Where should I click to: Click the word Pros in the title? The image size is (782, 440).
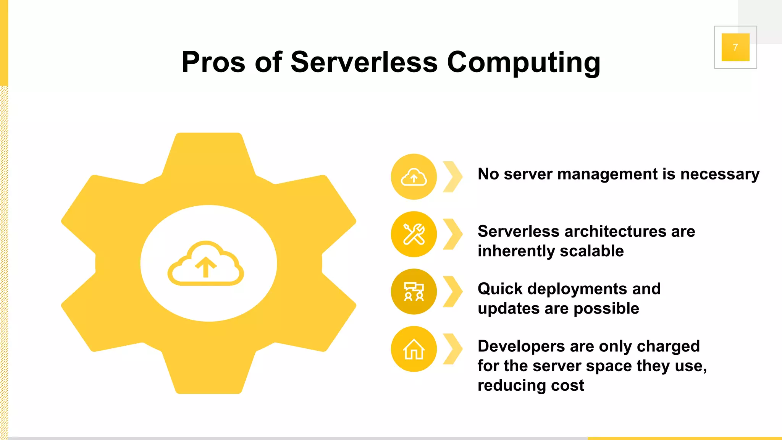tap(213, 62)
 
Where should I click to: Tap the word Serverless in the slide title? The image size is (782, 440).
tap(364, 62)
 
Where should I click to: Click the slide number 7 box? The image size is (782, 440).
tap(735, 47)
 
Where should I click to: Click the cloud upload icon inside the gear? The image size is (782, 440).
tap(206, 264)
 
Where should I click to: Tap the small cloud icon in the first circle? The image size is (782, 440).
tap(414, 177)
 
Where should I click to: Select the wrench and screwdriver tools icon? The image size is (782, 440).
tap(414, 234)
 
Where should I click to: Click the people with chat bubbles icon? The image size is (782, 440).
tap(414, 292)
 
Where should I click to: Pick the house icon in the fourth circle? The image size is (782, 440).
tap(414, 349)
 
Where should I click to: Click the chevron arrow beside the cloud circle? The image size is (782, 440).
tap(453, 177)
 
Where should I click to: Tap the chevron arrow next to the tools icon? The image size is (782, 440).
tap(453, 234)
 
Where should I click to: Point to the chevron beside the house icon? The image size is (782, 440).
tap(453, 349)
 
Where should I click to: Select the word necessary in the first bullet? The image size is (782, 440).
tap(720, 175)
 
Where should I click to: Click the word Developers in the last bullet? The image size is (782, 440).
tap(521, 346)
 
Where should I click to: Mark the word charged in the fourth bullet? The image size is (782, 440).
tap(668, 346)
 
